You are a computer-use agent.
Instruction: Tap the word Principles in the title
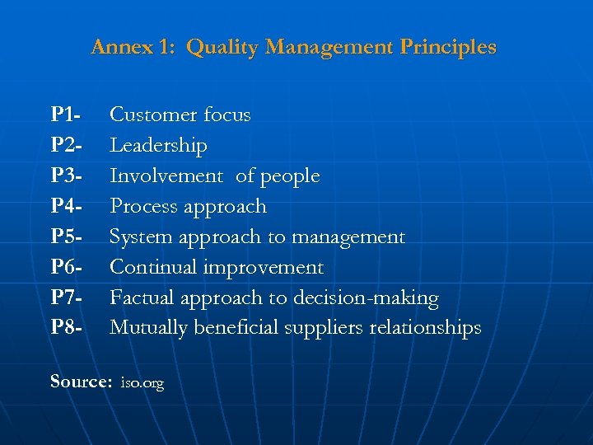click(x=448, y=47)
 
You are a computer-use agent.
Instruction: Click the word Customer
click(x=152, y=115)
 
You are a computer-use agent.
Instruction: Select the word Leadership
click(x=158, y=145)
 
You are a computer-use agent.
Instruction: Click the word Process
click(x=142, y=206)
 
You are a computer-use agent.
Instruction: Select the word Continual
click(x=153, y=267)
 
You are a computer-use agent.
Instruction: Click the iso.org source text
click(x=142, y=383)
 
